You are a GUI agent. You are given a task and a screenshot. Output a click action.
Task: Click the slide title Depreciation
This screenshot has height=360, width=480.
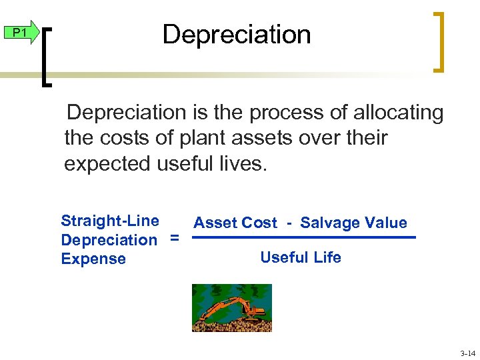pyautogui.click(x=237, y=35)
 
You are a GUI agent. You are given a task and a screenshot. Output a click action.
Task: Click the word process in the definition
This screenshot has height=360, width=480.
pyautogui.click(x=285, y=113)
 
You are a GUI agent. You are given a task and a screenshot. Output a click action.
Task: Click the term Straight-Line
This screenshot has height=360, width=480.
pyautogui.click(x=110, y=221)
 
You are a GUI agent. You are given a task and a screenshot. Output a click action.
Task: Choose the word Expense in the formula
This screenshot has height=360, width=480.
pyautogui.click(x=93, y=259)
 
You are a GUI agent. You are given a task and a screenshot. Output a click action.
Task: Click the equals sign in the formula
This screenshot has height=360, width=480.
pyautogui.click(x=174, y=238)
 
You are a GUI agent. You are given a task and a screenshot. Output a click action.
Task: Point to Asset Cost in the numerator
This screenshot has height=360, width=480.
pyautogui.click(x=235, y=223)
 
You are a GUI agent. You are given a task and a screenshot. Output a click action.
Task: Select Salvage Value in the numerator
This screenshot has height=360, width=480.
pyautogui.click(x=353, y=223)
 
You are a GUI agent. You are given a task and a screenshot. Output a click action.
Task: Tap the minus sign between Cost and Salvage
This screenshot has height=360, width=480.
pyautogui.click(x=289, y=223)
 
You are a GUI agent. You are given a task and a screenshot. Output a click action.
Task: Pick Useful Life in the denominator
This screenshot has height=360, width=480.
pyautogui.click(x=301, y=257)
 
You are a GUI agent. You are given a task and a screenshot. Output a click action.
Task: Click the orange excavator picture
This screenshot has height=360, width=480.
pyautogui.click(x=231, y=307)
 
